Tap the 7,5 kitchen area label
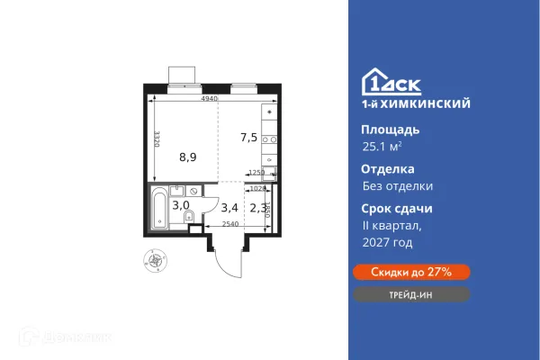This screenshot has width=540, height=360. pos(248,138)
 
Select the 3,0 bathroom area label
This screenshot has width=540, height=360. pos(180,205)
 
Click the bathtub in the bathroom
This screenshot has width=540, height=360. pos(158,209)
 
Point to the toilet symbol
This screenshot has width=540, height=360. pos(193,225)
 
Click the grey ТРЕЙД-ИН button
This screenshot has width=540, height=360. pos(409,294)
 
